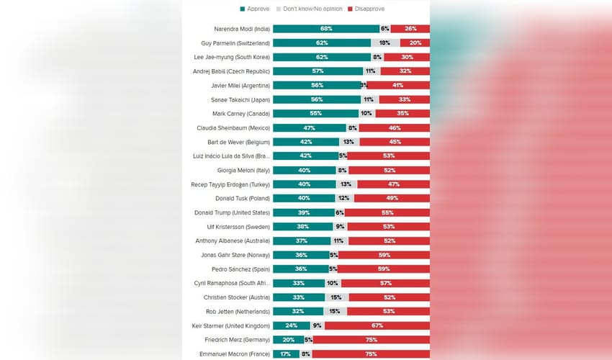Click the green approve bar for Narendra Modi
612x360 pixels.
click(326, 29)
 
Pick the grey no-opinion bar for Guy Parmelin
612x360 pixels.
click(385, 43)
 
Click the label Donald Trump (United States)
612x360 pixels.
click(232, 212)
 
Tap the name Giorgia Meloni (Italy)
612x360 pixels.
click(243, 170)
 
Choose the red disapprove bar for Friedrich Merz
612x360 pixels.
click(372, 340)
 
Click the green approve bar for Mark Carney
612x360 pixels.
click(316, 114)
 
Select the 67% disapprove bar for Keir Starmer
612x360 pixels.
click(377, 325)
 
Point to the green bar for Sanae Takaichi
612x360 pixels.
click(317, 99)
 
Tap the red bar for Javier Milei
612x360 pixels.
click(398, 85)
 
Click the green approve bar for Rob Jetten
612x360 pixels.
click(298, 312)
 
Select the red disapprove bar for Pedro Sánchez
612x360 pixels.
click(384, 269)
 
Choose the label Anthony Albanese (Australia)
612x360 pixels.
click(233, 240)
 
